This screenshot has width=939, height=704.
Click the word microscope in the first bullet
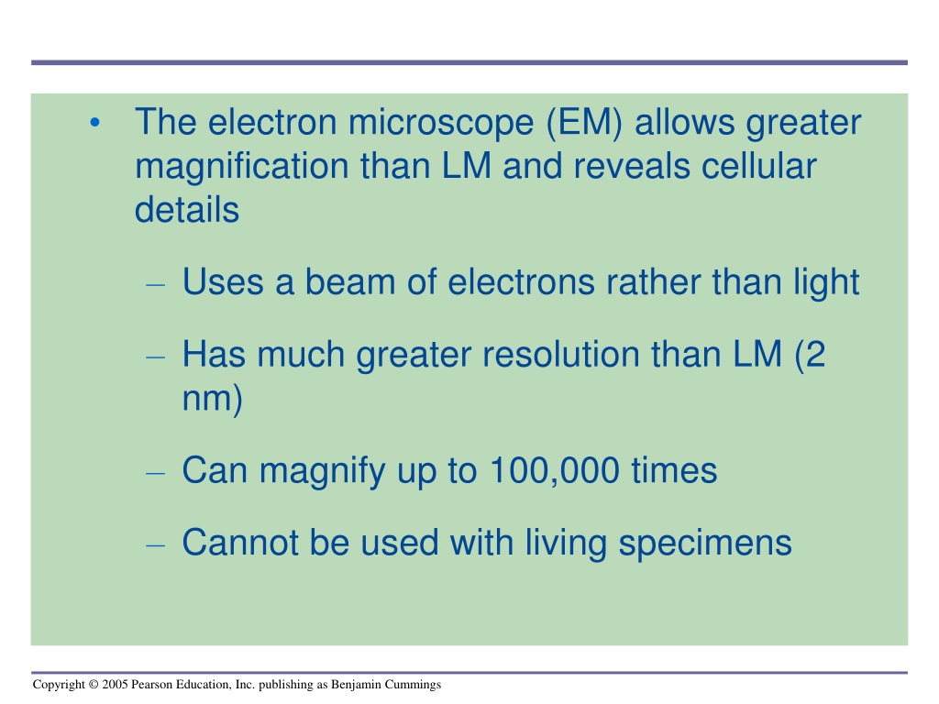[x=441, y=122]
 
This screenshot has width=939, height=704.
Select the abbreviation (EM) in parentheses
[x=584, y=122]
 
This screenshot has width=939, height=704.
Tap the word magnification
[x=242, y=167]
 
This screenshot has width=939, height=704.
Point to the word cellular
[x=758, y=166]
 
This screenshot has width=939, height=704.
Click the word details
[x=187, y=210]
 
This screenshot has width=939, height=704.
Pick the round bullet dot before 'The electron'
[x=94, y=124]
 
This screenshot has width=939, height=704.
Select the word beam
[x=350, y=281]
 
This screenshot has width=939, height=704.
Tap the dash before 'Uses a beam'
[x=155, y=285]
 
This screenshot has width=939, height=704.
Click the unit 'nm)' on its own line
[x=212, y=399]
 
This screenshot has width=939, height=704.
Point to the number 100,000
[x=555, y=470]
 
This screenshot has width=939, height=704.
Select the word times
[x=674, y=470]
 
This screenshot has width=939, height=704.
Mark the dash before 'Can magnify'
[x=155, y=474]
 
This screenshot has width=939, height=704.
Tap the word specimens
[x=705, y=544]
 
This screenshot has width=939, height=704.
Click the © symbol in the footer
[x=93, y=684]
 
